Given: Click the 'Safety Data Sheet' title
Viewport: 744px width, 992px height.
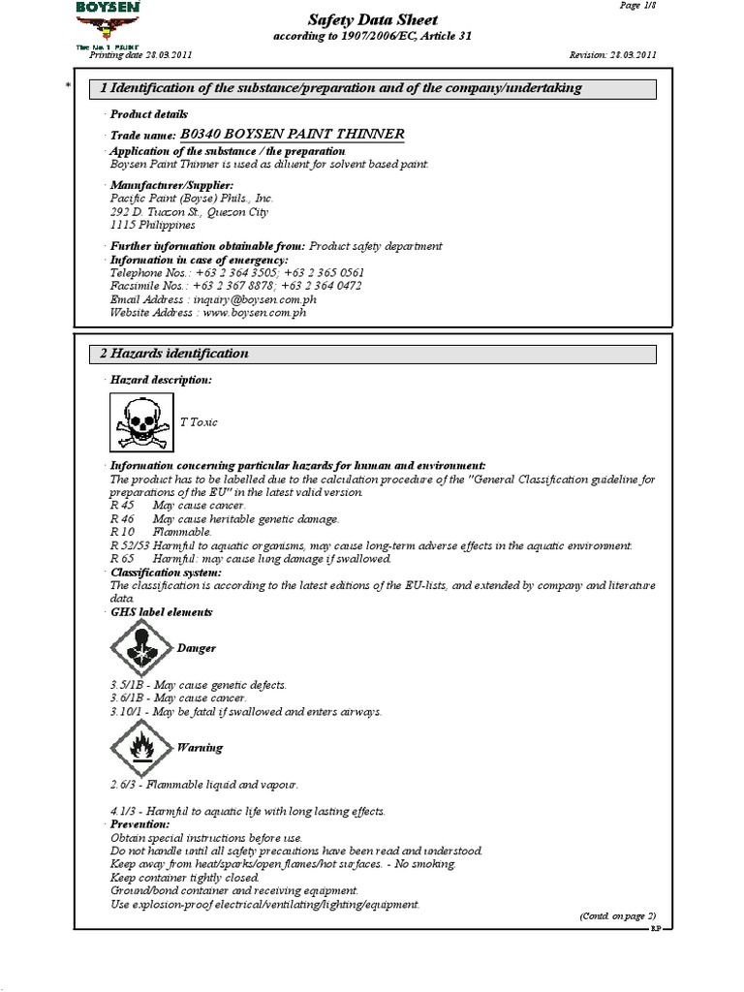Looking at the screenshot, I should (x=372, y=19).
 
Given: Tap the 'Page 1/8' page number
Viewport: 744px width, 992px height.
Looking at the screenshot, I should (x=636, y=5).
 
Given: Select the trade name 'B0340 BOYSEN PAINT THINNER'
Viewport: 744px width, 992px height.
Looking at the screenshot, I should (x=293, y=134).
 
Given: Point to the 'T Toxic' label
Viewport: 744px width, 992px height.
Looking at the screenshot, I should (x=198, y=422).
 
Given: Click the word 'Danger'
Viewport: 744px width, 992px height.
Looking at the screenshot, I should (x=196, y=648).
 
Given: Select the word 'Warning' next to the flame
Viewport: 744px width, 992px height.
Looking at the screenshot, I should (x=199, y=748).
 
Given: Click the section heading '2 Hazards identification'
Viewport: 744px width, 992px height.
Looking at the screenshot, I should (x=174, y=354).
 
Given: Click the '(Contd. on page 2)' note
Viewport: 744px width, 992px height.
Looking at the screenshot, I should (x=617, y=915).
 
